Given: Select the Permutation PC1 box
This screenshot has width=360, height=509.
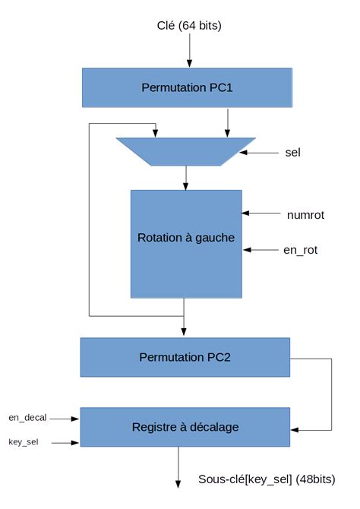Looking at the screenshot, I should (x=186, y=87).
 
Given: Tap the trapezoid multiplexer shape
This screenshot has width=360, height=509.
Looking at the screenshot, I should (x=186, y=150).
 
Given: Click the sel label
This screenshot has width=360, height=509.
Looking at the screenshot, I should (x=293, y=152).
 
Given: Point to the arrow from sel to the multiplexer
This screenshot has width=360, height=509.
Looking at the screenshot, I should (x=257, y=152).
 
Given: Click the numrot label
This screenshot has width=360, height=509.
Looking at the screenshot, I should (x=306, y=214).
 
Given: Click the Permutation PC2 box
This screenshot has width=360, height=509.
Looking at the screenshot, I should (x=185, y=357).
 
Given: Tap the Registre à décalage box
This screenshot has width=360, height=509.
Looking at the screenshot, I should (x=185, y=427).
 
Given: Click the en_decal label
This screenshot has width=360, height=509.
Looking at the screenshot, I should (x=27, y=417).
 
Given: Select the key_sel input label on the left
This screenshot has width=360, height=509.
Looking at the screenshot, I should (x=23, y=441).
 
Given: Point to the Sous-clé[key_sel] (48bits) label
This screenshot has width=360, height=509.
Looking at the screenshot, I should (x=266, y=479).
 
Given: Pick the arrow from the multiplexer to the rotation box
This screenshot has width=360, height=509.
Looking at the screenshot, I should (x=186, y=178).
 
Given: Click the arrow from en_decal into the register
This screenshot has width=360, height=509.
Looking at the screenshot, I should (x=65, y=418).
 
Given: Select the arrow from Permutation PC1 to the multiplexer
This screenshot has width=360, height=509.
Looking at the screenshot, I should (x=226, y=122).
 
